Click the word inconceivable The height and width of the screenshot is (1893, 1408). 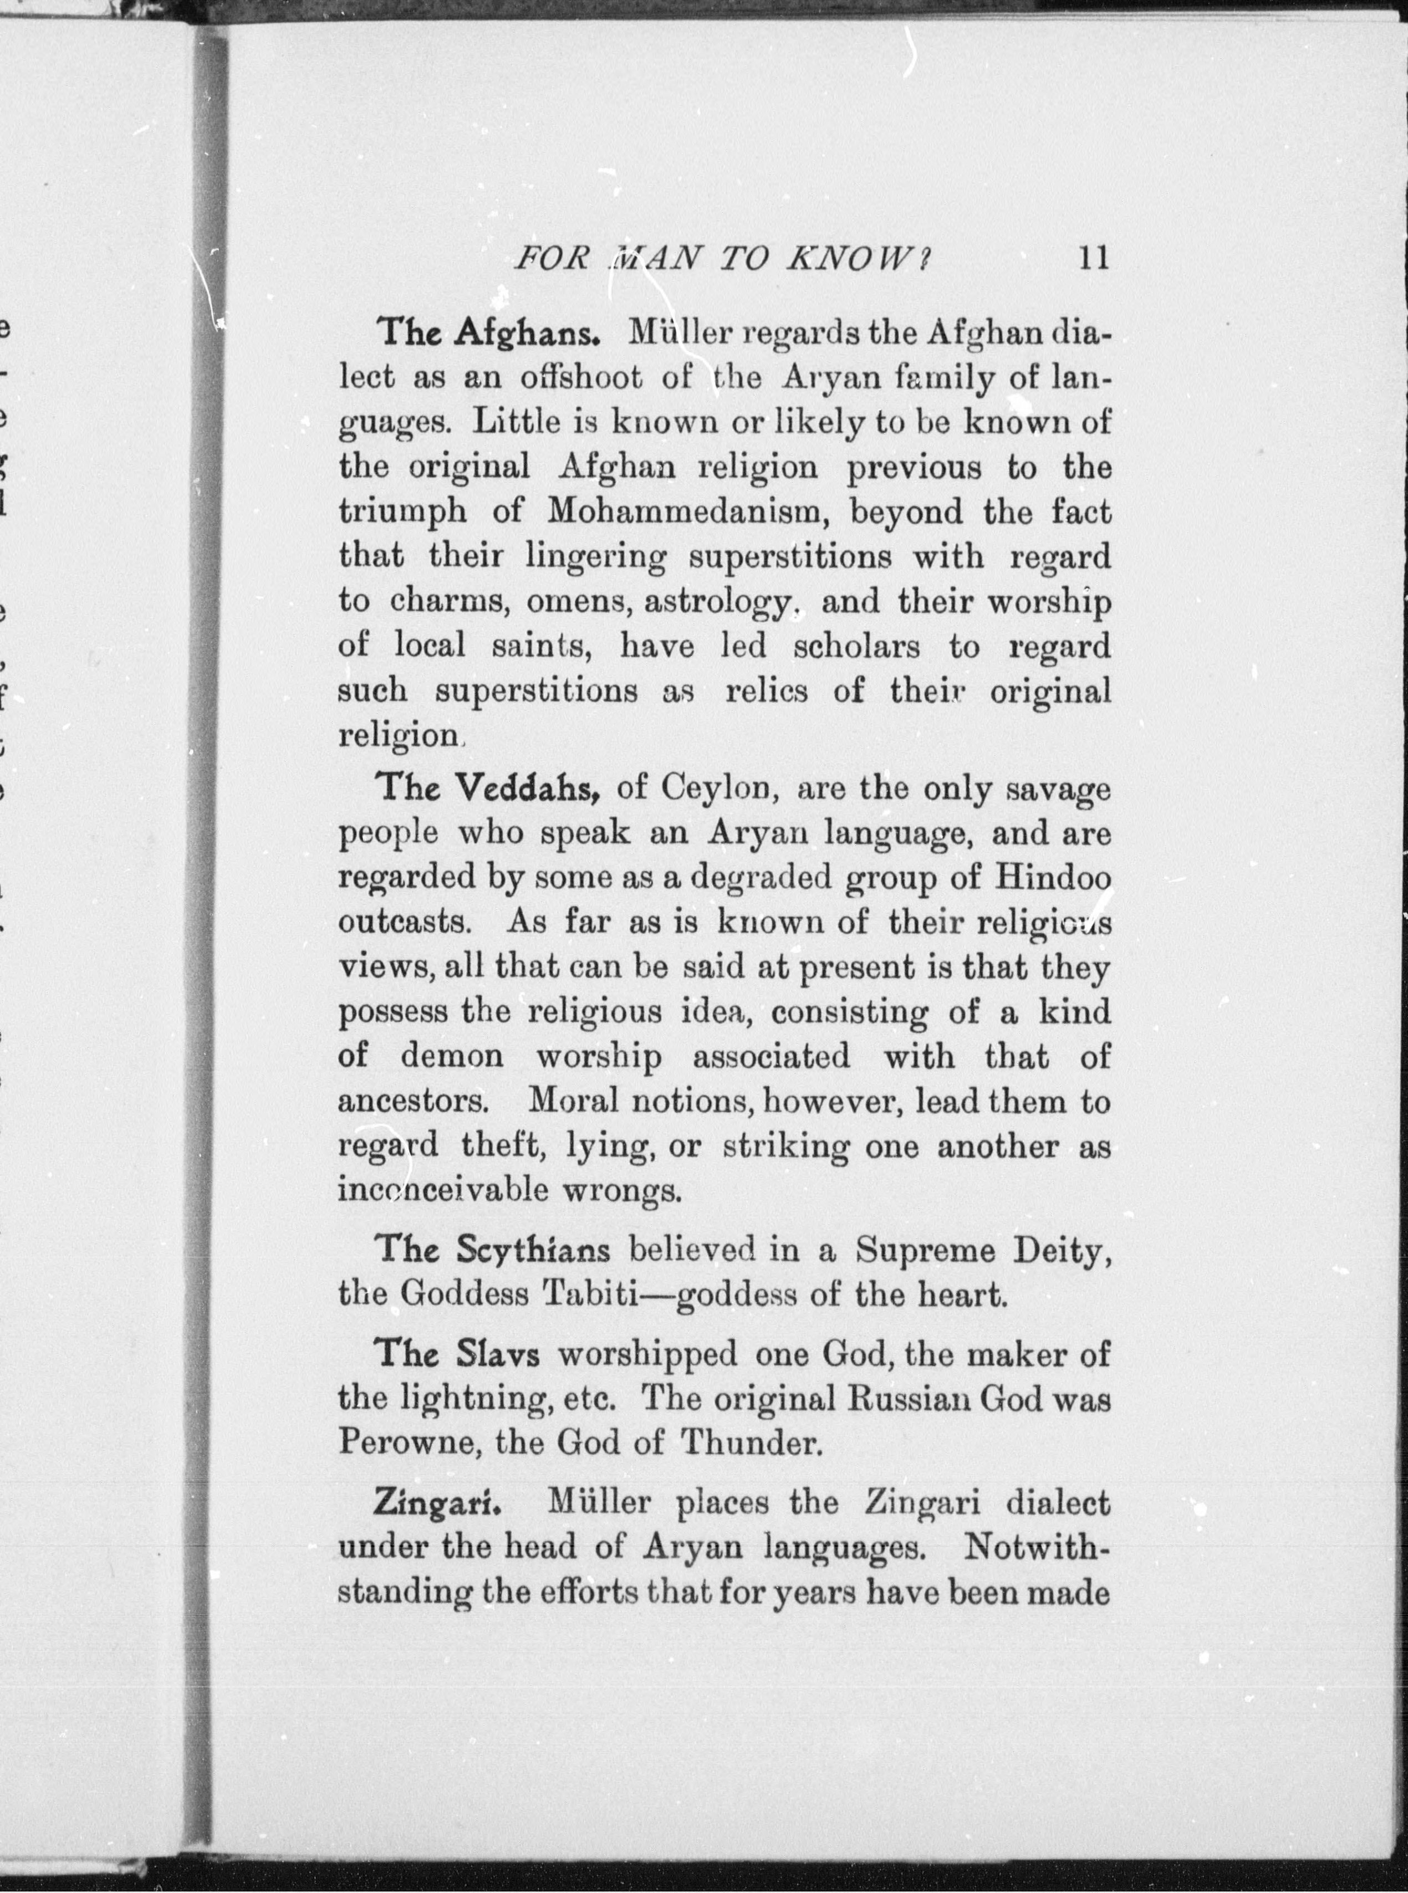(442, 1190)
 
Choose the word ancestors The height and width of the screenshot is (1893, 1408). (412, 1102)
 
